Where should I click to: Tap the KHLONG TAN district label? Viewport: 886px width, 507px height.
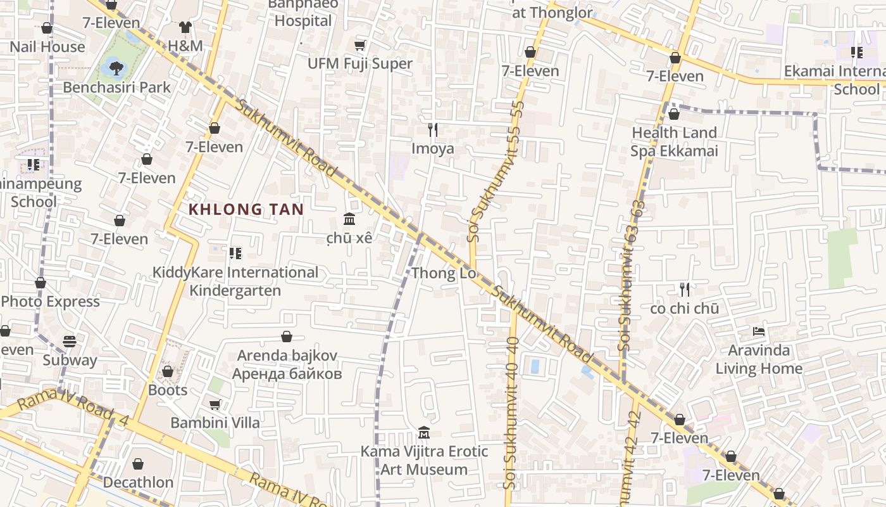pos(246,209)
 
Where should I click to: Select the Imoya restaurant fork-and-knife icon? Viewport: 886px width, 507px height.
pos(433,130)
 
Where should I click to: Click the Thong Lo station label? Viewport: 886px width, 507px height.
pos(443,274)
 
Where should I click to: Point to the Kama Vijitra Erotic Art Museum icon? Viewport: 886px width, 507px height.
pos(424,433)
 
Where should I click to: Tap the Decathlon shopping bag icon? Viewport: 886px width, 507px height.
pos(138,465)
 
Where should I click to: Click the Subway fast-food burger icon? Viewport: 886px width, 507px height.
pos(70,342)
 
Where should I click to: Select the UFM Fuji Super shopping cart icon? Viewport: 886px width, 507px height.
pos(360,45)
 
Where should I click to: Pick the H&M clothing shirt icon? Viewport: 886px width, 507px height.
pos(185,27)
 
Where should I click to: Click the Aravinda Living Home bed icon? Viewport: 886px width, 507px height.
pos(759,331)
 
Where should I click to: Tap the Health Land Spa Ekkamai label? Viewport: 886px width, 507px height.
pos(674,141)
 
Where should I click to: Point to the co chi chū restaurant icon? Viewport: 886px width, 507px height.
pos(684,290)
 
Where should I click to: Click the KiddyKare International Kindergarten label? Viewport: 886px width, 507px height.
pos(235,281)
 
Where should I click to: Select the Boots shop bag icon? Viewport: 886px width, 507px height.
pos(168,371)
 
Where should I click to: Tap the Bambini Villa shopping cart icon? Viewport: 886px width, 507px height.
pos(215,404)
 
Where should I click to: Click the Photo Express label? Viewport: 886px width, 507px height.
pos(51,302)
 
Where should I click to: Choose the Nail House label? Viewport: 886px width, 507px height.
pos(47,47)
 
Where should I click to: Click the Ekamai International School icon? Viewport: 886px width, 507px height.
pos(857,53)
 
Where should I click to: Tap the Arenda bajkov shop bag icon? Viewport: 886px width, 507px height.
pos(287,337)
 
